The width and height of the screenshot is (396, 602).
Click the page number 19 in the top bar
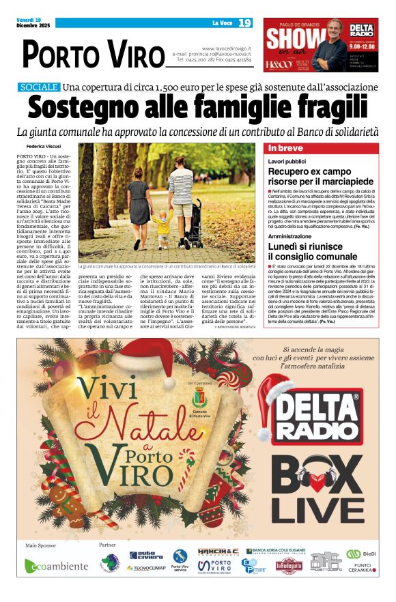[244, 23]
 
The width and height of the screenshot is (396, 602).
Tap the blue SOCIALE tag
[39, 87]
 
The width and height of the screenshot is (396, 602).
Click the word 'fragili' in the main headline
[327, 107]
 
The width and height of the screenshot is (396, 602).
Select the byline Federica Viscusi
[44, 147]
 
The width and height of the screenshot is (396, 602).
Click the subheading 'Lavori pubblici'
[287, 161]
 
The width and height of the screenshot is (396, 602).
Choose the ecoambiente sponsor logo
[57, 566]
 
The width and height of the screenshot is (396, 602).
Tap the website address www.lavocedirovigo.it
[227, 48]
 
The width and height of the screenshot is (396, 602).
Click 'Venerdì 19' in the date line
[29, 19]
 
